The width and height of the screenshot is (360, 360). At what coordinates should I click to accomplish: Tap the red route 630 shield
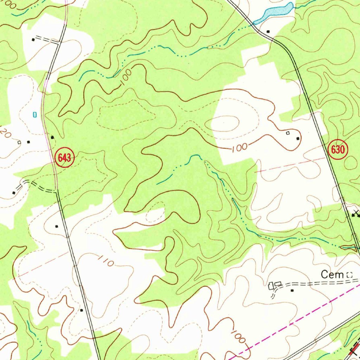(x=338, y=150)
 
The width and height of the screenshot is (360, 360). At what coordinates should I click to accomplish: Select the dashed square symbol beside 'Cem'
(x=349, y=275)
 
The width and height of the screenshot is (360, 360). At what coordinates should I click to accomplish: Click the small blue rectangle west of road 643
(x=34, y=114)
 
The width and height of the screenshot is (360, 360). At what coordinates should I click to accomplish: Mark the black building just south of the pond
(x=268, y=32)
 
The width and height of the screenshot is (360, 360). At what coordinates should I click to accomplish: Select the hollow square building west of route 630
(x=288, y=133)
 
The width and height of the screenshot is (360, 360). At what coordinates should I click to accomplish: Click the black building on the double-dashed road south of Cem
(x=292, y=290)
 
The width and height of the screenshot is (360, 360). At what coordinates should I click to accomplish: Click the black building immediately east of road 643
(x=52, y=137)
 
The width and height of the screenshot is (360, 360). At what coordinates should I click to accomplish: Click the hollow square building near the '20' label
(x=19, y=142)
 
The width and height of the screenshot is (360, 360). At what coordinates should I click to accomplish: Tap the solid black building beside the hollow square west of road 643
(x=28, y=142)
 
